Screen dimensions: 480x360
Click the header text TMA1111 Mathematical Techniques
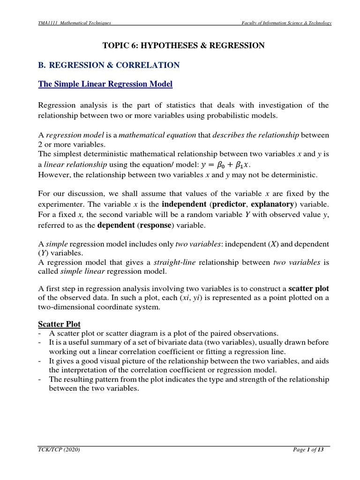click(75, 23)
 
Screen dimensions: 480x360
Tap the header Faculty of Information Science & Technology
click(286, 23)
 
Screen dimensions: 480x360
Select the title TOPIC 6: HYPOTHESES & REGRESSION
click(184, 45)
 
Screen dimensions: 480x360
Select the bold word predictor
click(239, 204)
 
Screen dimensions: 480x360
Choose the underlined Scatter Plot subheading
click(59, 324)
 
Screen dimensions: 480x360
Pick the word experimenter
click(61, 204)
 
